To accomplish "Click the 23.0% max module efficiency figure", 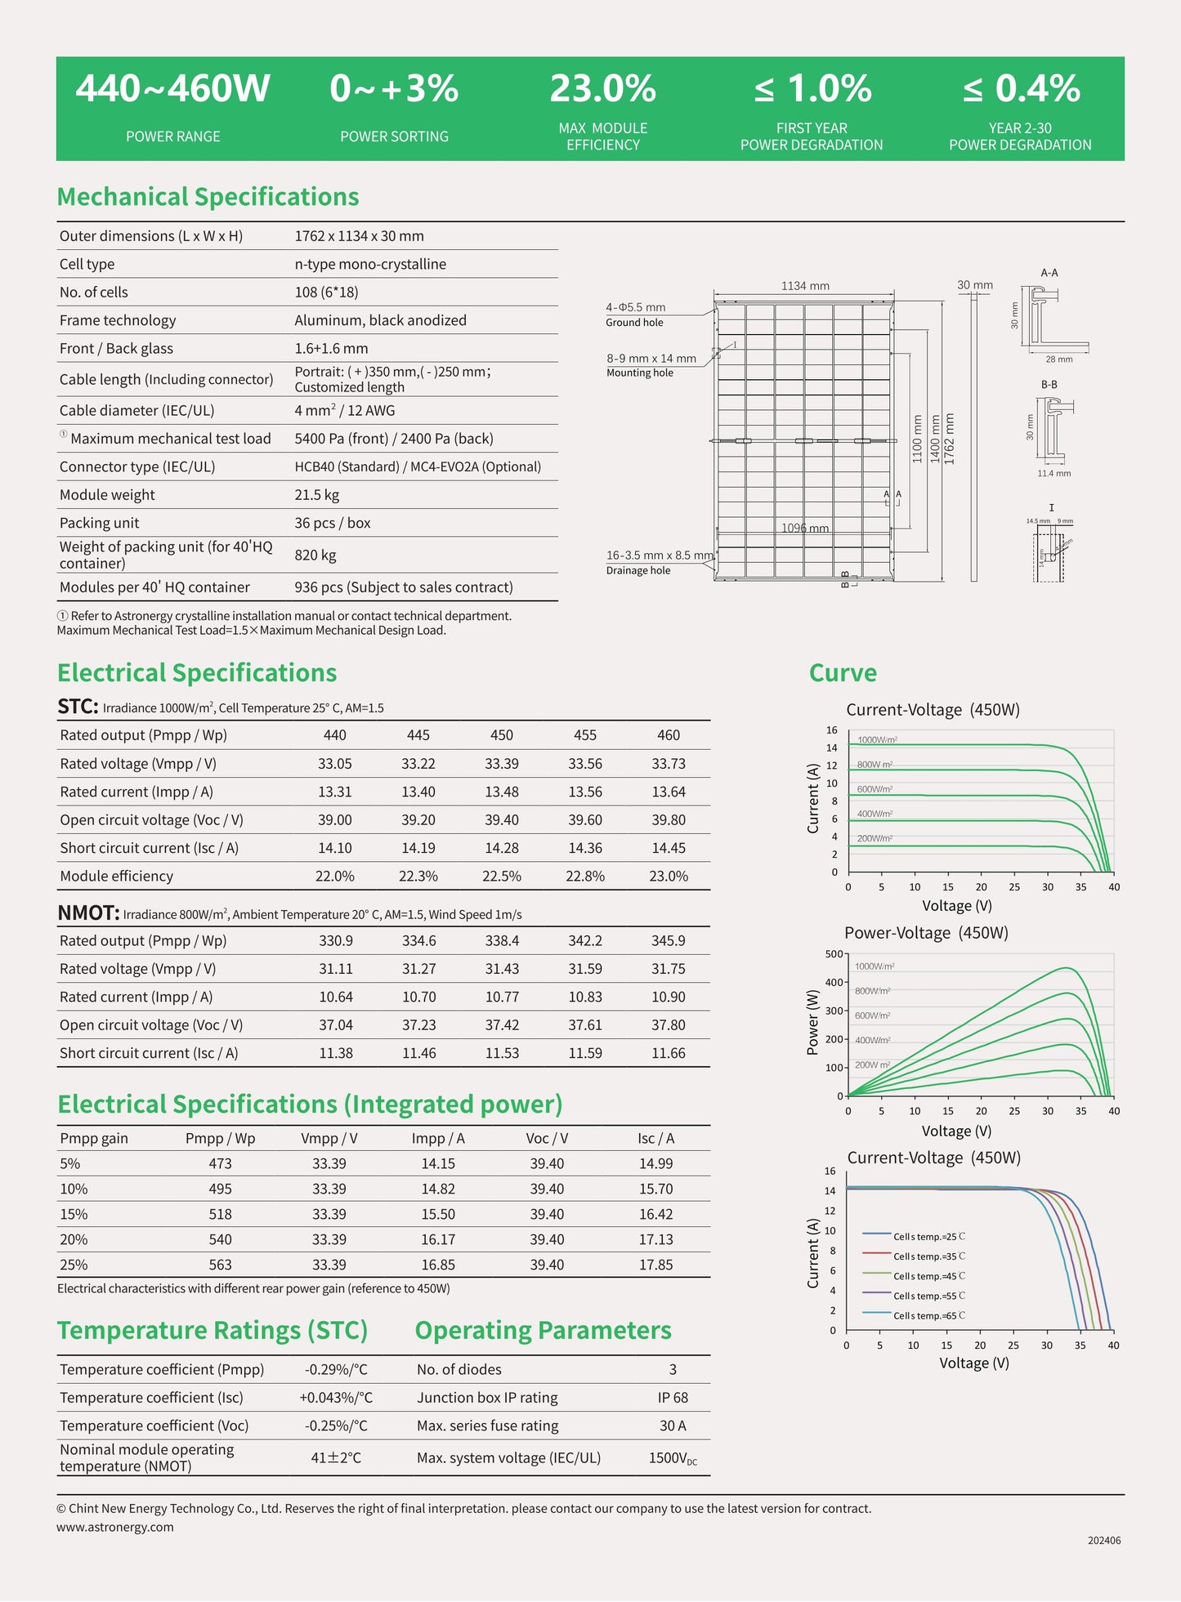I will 602,89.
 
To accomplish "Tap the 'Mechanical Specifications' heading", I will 208,197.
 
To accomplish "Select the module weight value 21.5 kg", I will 317,495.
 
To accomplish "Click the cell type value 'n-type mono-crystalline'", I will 370,264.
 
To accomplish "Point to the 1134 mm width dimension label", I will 805,286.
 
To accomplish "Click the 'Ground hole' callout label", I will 634,323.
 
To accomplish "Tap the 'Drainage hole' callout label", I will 637,570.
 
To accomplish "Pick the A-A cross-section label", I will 1049,273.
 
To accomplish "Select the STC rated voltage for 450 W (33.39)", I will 502,764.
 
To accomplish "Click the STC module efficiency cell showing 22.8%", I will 585,876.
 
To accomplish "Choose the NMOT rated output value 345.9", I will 669,941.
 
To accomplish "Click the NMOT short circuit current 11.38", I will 336,1053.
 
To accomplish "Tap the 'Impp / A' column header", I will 438,1139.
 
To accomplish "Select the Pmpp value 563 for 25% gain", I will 220,1265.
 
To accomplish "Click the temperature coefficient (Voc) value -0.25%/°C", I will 336,1426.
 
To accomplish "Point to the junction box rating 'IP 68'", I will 673,1398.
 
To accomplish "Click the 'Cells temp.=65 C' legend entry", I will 928,1316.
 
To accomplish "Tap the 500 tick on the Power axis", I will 834,954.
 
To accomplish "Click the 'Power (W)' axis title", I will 812,1022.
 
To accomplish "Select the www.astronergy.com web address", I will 115,1527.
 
